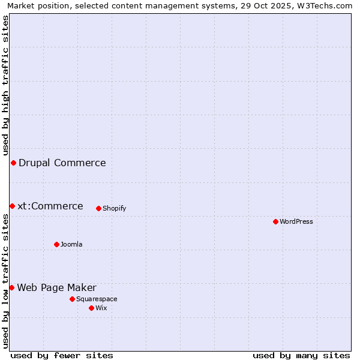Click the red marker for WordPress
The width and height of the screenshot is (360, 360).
click(x=275, y=221)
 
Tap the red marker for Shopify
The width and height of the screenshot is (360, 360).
click(x=98, y=208)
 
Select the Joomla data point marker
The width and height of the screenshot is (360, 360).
click(x=56, y=244)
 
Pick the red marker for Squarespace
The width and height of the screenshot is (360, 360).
click(x=72, y=299)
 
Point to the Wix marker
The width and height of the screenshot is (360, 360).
click(x=91, y=308)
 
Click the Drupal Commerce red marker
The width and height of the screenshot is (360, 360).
click(x=13, y=163)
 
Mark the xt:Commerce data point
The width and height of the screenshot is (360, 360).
click(x=12, y=206)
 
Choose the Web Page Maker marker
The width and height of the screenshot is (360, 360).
click(x=11, y=287)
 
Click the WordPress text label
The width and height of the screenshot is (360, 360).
click(x=296, y=221)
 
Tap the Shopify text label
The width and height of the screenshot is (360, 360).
click(x=114, y=208)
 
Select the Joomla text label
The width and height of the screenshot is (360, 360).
click(x=71, y=244)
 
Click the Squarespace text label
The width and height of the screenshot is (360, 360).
click(x=97, y=299)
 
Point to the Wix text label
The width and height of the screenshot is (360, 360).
click(x=101, y=308)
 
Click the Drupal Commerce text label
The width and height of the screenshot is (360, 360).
click(x=62, y=163)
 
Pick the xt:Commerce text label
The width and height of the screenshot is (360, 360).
click(x=50, y=206)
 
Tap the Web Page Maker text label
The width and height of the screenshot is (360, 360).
click(x=56, y=287)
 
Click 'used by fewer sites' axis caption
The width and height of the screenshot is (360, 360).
click(x=62, y=355)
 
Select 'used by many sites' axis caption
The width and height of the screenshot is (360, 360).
click(x=301, y=355)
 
